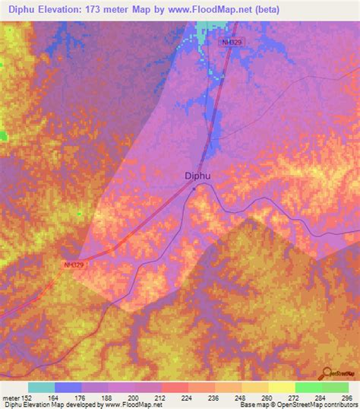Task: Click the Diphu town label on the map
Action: click(197, 176)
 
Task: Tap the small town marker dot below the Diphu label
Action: click(194, 187)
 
